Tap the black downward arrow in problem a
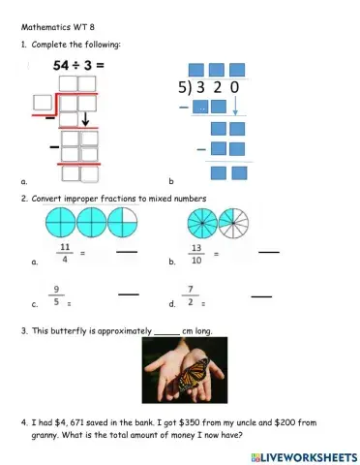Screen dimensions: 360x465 (85, 120)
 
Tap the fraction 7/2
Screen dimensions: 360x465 (192, 294)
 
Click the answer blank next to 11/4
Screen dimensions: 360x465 (126, 253)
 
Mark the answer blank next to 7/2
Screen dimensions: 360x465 (261, 294)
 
